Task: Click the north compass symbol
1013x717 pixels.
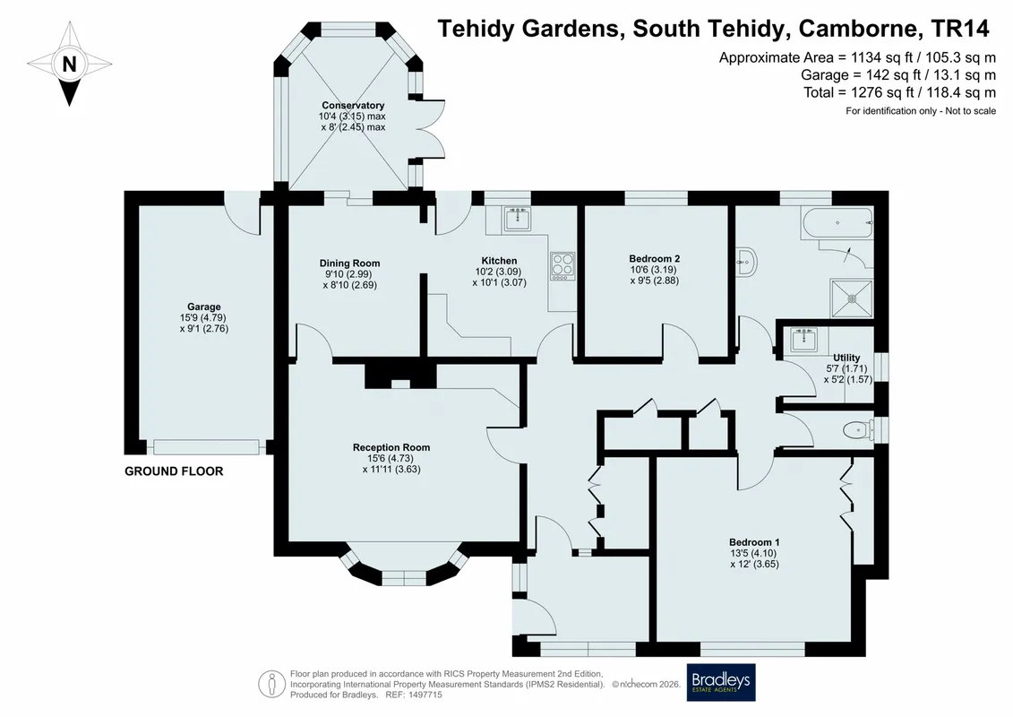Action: [x=69, y=64]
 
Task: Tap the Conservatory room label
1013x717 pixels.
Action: [x=353, y=106]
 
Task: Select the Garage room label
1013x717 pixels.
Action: [x=204, y=307]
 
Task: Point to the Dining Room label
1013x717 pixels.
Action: [x=349, y=263]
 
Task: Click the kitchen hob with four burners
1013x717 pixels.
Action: [x=562, y=266]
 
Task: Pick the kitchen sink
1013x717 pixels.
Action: [x=517, y=220]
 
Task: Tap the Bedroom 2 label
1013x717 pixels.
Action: [x=655, y=259]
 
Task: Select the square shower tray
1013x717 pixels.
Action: [x=852, y=298]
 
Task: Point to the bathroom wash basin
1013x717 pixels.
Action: [x=747, y=262]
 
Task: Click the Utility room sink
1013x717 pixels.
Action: [x=803, y=340]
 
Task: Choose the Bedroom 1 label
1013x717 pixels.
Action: [x=754, y=542]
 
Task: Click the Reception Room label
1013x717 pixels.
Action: [x=391, y=447]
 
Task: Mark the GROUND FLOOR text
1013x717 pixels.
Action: [x=174, y=471]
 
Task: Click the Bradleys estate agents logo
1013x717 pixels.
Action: [x=721, y=682]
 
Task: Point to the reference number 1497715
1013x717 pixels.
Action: [x=424, y=695]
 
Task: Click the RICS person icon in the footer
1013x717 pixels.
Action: [x=272, y=684]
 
